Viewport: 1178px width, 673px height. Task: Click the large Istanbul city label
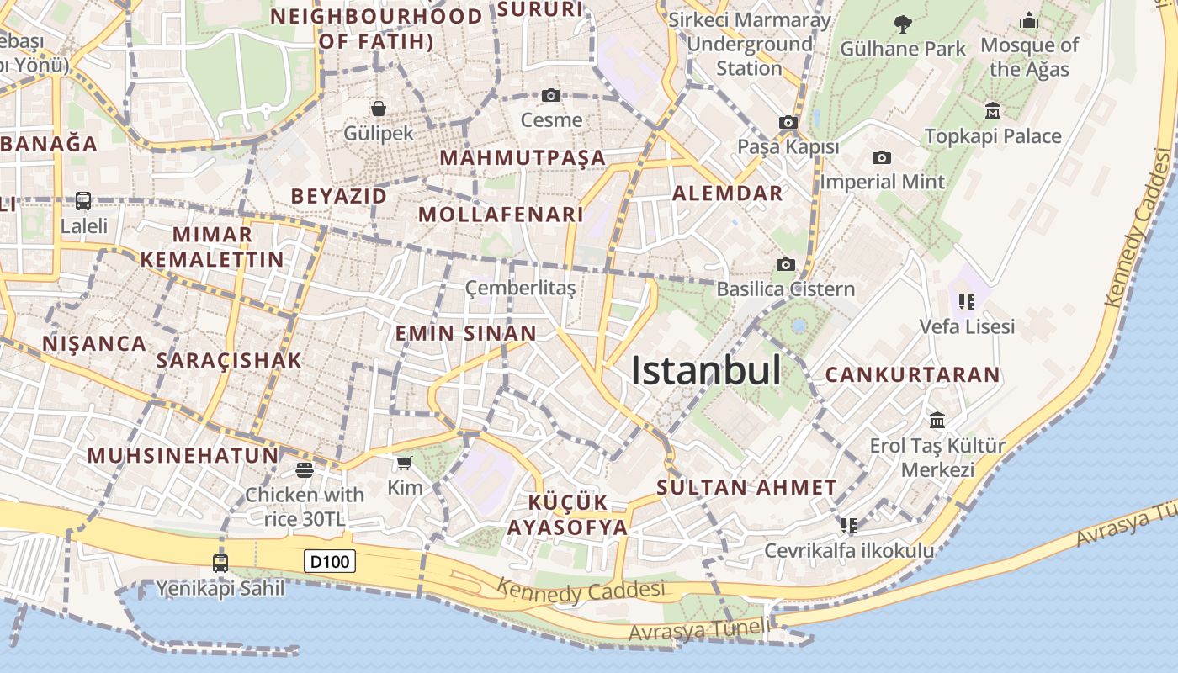(706, 370)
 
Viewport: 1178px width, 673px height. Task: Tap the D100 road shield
(330, 561)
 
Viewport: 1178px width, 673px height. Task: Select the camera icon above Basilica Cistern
(785, 264)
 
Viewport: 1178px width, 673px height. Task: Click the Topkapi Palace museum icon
(993, 110)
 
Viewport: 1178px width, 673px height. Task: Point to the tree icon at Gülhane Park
(903, 24)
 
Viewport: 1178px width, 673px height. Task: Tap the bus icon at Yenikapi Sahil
(220, 563)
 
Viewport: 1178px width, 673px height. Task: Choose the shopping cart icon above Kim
(404, 463)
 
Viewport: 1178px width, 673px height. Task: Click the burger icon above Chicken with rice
(305, 469)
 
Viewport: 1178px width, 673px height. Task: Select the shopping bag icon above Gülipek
(379, 108)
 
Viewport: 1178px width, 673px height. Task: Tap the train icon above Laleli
(83, 201)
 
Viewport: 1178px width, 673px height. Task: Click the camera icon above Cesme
(551, 95)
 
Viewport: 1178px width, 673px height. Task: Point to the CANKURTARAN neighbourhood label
(912, 375)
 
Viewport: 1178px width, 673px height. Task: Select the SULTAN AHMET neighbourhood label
(746, 487)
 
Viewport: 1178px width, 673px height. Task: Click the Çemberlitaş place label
(520, 289)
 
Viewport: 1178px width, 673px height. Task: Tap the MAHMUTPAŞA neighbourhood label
(523, 157)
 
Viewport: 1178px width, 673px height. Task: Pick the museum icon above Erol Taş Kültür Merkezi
(937, 420)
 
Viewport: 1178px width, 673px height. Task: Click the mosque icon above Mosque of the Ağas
(1029, 20)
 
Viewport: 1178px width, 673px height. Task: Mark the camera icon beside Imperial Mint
(881, 157)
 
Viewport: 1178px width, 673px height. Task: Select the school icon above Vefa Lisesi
(966, 301)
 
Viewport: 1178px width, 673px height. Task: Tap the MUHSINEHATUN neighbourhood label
(183, 456)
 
